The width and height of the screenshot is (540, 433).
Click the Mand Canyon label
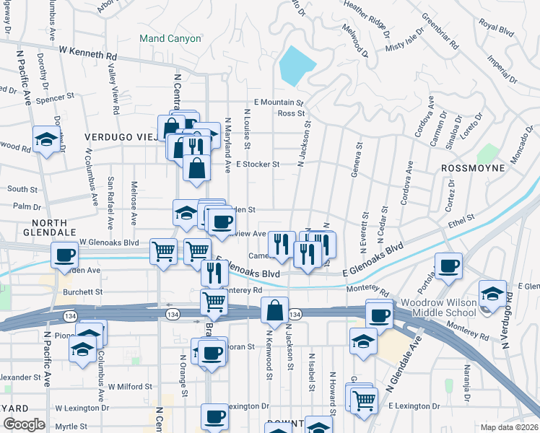(x=170, y=38)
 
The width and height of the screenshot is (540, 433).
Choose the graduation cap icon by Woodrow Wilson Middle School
(x=492, y=294)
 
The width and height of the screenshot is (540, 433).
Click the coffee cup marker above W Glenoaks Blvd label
(x=65, y=254)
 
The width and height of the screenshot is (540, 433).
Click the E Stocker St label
(x=257, y=165)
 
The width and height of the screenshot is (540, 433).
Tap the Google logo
(x=24, y=424)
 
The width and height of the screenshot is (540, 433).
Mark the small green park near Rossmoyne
(x=488, y=154)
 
